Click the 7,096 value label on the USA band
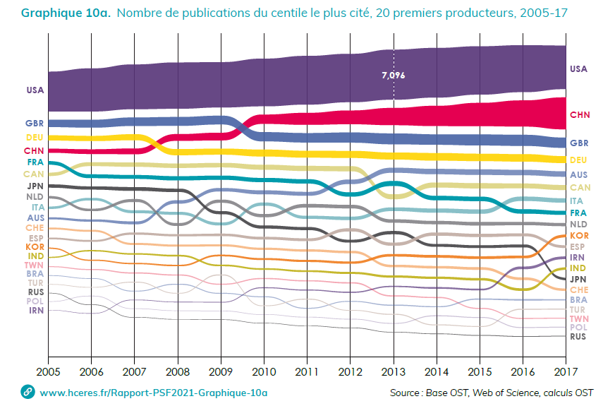pyautogui.click(x=392, y=75)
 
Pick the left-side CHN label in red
pyautogui.click(x=34, y=150)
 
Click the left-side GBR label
pyautogui.click(x=35, y=124)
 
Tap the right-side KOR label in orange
pyautogui.click(x=578, y=235)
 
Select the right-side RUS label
pyautogui.click(x=578, y=337)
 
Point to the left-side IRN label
pyautogui.click(x=35, y=310)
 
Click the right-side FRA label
pyautogui.click(x=578, y=213)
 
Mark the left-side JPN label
pyautogui.click(x=35, y=186)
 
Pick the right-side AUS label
pyautogui.click(x=578, y=174)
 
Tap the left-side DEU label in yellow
pyautogui.click(x=35, y=138)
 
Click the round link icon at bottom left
pyautogui.click(x=28, y=391)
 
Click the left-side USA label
pyautogui.click(x=35, y=90)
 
